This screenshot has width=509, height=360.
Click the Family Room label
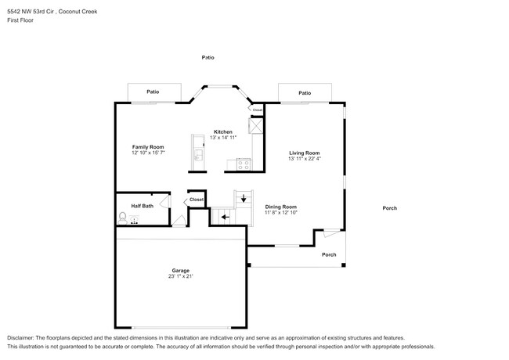pyautogui.click(x=147, y=147)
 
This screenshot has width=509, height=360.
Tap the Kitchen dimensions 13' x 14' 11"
pyautogui.click(x=223, y=138)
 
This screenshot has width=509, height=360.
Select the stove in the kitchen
pyautogui.click(x=243, y=164)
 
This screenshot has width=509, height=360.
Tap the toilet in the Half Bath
pyautogui.click(x=123, y=217)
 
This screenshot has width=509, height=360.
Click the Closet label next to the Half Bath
pyautogui.click(x=196, y=200)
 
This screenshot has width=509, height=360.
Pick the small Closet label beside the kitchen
pyautogui.click(x=257, y=110)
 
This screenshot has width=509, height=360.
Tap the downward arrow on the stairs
pyautogui.click(x=244, y=199)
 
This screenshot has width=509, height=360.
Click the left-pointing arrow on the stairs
pyautogui.click(x=226, y=214)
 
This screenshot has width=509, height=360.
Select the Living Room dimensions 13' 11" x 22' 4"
pyautogui.click(x=305, y=159)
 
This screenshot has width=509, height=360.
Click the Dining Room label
pyautogui.click(x=280, y=207)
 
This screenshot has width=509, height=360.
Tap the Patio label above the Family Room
pyautogui.click(x=153, y=92)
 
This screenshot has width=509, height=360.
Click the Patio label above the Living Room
pyautogui.click(x=305, y=93)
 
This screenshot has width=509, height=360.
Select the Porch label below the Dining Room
pyautogui.click(x=329, y=254)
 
